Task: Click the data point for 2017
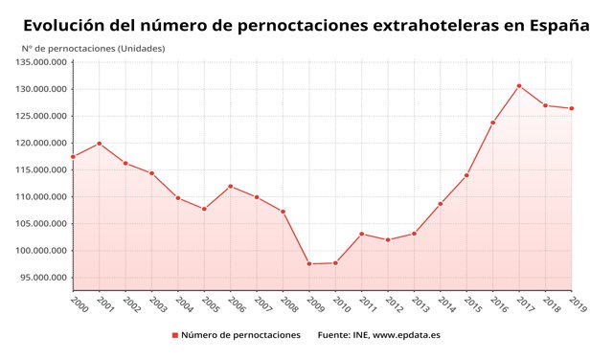(x=518, y=86)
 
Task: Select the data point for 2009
(x=309, y=263)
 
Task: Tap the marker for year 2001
(x=100, y=144)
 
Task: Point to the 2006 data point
(x=231, y=186)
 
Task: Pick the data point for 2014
(x=440, y=204)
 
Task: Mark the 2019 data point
(x=571, y=108)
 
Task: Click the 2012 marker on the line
(x=388, y=239)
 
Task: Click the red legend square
(x=175, y=335)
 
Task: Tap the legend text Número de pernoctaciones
(x=240, y=335)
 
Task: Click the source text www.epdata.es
(x=407, y=335)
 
